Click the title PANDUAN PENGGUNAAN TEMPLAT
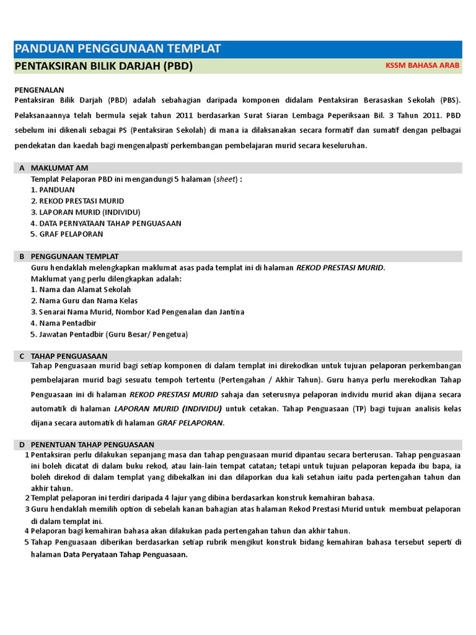point(117,50)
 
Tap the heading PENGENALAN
point(43,90)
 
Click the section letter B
point(22,256)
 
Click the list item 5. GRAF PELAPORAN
point(67,234)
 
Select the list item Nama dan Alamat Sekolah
point(81,290)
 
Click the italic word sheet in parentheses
point(224,179)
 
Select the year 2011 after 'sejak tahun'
point(183,115)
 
